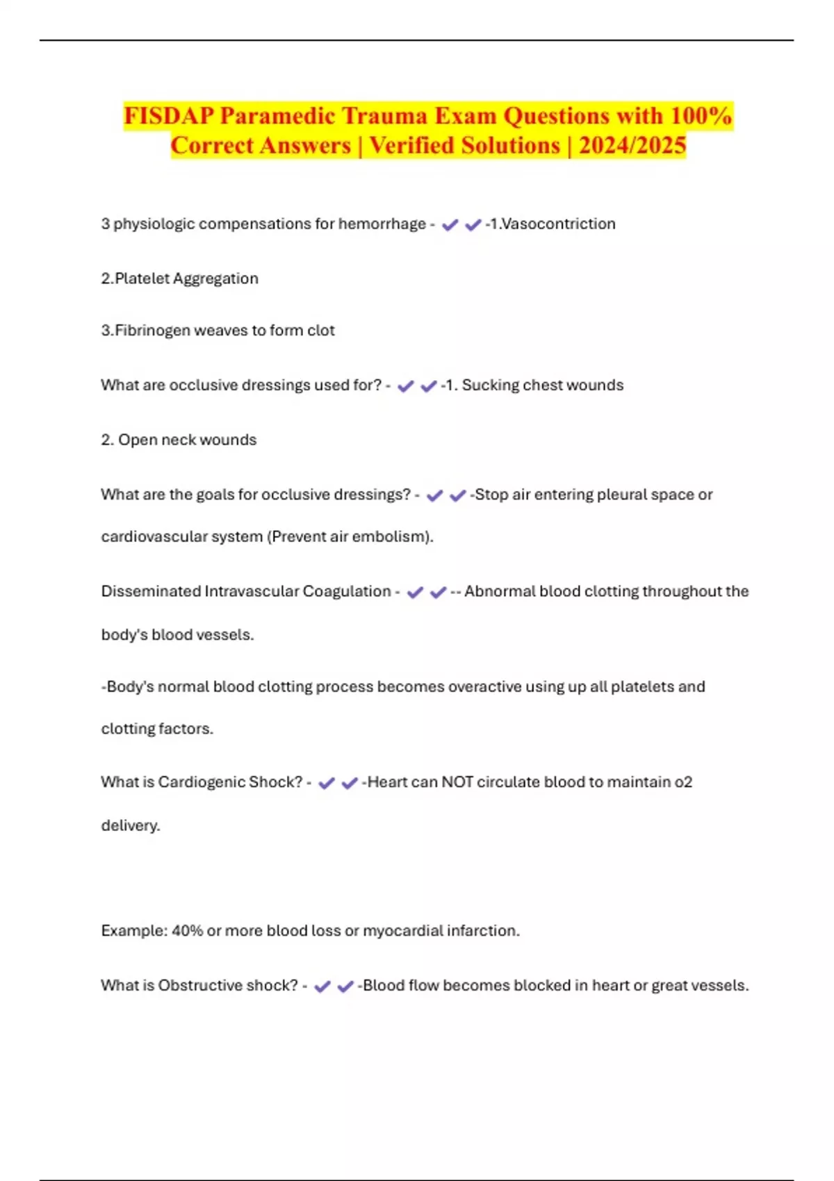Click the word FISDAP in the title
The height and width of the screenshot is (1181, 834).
pyautogui.click(x=169, y=115)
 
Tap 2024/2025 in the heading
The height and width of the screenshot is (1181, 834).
pyautogui.click(x=632, y=145)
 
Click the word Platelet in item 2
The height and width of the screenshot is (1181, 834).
pyautogui.click(x=142, y=279)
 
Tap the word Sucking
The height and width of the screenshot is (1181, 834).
pyautogui.click(x=489, y=385)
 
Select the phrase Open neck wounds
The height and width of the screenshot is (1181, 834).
pyautogui.click(x=187, y=440)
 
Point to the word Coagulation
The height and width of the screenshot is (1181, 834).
pyautogui.click(x=347, y=591)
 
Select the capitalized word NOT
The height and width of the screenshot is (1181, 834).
pyautogui.click(x=457, y=782)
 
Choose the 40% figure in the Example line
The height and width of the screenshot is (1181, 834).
pyautogui.click(x=187, y=931)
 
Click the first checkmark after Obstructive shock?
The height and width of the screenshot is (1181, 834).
pyautogui.click(x=322, y=986)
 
